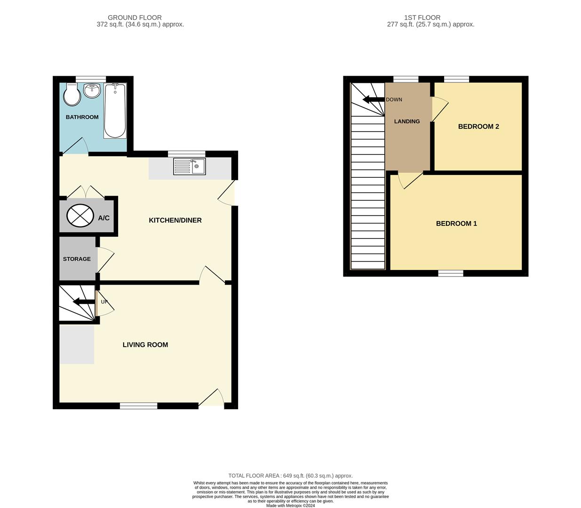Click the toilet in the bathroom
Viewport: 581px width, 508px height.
(72, 95)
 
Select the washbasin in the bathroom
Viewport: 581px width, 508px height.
(92, 90)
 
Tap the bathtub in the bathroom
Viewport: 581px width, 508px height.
(115, 111)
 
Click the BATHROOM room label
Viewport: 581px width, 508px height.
(82, 117)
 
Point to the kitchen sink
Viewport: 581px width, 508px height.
(189, 167)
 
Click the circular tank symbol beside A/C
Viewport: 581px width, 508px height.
(80, 216)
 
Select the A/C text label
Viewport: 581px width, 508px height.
(104, 218)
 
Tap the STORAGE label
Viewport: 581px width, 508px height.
(77, 259)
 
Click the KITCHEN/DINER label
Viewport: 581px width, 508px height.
(175, 220)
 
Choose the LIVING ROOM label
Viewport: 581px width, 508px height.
(145, 345)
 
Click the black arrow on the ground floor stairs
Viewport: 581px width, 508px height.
(84, 302)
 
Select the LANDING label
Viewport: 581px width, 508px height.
(407, 121)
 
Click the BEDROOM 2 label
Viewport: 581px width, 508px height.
(478, 127)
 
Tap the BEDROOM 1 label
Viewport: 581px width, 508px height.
(456, 223)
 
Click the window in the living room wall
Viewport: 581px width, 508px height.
(138, 406)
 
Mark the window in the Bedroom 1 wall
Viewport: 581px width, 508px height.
(451, 273)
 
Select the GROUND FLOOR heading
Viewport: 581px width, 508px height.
(135, 17)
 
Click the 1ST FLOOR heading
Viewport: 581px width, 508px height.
(422, 17)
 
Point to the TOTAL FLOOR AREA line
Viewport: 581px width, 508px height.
(290, 476)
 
